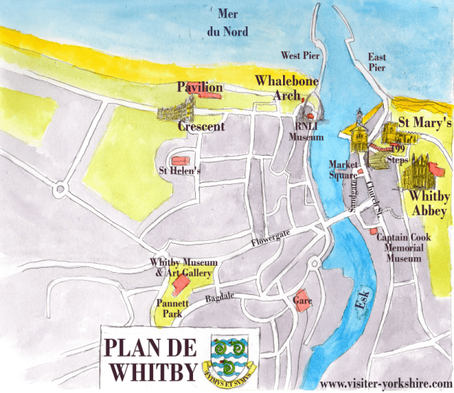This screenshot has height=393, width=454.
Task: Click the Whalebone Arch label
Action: [x=286, y=87]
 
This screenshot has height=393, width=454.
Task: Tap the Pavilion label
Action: [x=199, y=87]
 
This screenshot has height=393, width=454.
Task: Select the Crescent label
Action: [x=201, y=126]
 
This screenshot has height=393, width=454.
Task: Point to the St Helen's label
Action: [x=179, y=171]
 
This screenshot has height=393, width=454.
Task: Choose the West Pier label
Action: [x=300, y=55]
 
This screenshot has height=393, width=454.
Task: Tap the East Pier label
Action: [x=376, y=62]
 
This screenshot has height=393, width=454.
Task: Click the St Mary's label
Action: [x=424, y=122]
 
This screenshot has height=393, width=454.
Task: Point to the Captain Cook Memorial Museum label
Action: [x=400, y=248]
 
